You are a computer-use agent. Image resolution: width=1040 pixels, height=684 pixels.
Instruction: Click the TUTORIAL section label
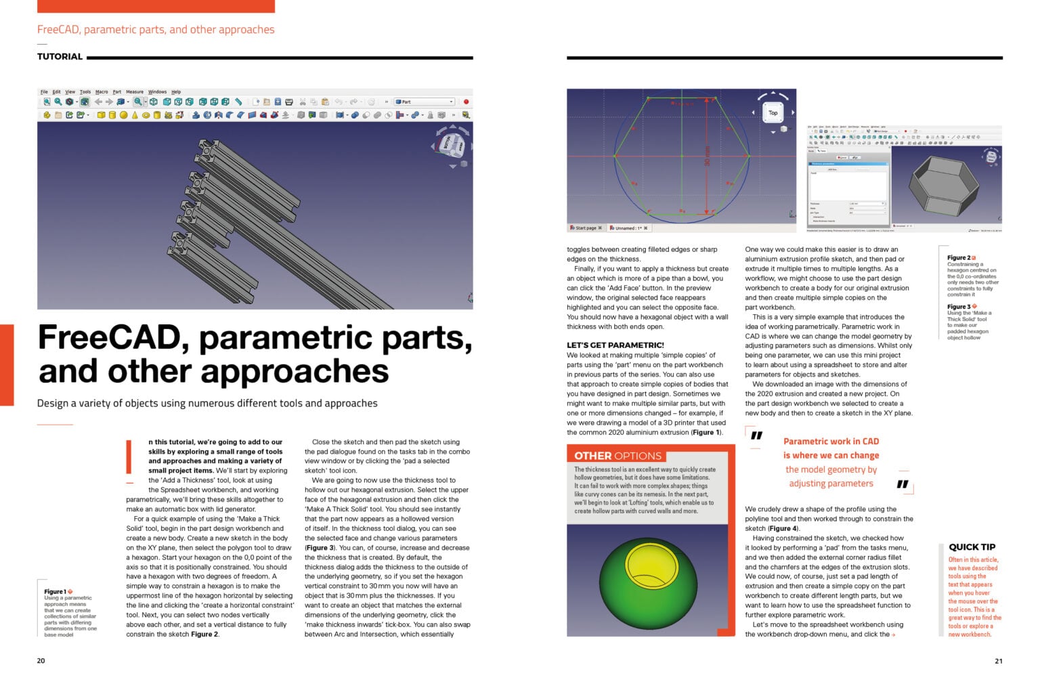coord(60,57)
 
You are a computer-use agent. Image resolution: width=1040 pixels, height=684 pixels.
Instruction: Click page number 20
coord(41,661)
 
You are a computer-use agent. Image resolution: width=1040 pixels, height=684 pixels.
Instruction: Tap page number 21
coord(998,661)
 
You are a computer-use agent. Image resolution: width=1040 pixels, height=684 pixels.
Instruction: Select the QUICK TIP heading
coord(972,547)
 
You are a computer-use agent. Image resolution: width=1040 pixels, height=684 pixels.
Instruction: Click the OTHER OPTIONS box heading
coord(617,456)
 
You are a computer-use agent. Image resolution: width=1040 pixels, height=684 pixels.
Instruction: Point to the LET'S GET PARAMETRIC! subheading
coord(615,345)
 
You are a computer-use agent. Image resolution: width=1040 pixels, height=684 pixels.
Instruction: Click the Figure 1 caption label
coord(56,591)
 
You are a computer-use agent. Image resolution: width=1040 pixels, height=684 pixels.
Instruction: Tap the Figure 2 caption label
coord(959,258)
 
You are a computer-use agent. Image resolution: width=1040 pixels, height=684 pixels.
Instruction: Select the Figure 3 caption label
coord(959,307)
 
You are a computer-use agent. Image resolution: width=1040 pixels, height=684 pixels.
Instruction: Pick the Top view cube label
coord(773,113)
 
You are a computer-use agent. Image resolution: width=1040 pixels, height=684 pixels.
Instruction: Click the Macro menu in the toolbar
coord(102,92)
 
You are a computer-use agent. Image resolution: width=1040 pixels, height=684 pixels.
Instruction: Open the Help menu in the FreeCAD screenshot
coord(176,92)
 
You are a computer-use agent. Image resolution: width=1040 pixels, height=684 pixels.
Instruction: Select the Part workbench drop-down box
coord(425,102)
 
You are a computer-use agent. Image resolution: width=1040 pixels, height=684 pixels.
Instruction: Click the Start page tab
coord(586,228)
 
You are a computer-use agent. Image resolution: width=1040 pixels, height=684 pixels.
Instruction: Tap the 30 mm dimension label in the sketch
coord(708,156)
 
